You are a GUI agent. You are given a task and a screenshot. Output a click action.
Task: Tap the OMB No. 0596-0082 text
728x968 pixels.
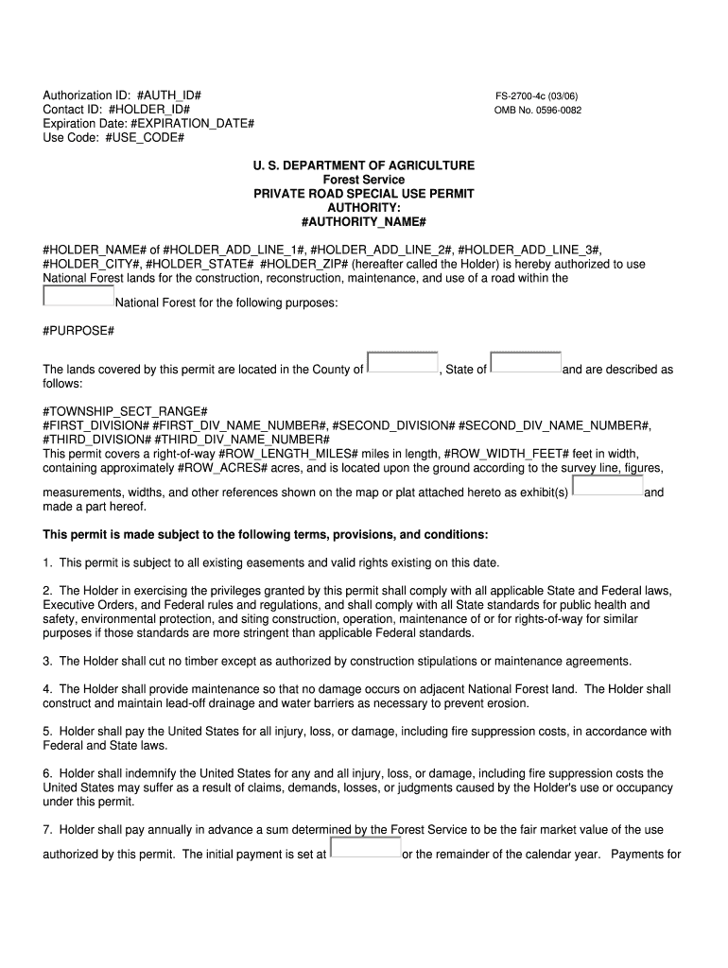[x=538, y=110]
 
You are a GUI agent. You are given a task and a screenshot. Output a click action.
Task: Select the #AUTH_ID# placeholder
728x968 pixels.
[x=169, y=96]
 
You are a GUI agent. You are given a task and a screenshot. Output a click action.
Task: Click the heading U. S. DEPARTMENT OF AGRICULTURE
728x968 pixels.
[x=363, y=165]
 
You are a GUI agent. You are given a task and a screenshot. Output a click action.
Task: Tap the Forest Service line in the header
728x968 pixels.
[x=363, y=180]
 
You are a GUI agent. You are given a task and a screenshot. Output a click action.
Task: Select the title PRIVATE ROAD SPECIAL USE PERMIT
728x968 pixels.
[x=363, y=194]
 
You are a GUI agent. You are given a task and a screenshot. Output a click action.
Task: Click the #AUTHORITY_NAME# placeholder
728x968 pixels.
[x=363, y=221]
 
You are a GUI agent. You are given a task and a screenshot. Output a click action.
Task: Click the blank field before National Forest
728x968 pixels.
[x=78, y=296]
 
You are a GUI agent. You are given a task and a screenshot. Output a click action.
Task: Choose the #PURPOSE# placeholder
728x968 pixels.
[x=78, y=331]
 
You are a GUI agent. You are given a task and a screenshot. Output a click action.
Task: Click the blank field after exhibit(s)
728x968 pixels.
[x=608, y=486]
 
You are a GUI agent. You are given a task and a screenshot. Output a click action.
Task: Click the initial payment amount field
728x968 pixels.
[x=365, y=848]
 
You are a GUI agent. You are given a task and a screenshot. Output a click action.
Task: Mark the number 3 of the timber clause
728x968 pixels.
[x=46, y=661]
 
